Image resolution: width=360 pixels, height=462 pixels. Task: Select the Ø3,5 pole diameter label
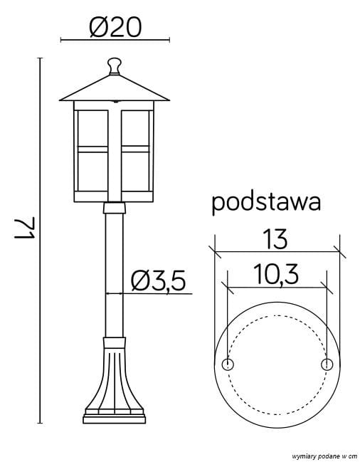158,282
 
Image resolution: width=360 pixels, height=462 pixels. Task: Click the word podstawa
266,202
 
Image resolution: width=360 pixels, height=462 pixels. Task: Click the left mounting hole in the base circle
228,364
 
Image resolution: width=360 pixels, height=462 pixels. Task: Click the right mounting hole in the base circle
327,364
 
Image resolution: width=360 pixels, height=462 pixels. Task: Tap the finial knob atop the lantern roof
115,65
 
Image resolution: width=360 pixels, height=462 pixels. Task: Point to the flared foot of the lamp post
114,377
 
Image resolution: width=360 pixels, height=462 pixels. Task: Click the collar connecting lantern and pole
115,208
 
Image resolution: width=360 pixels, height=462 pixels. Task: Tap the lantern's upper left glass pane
92,126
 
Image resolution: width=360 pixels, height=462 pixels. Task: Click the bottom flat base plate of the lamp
114,419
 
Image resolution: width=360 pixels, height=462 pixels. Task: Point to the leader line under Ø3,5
153,293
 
